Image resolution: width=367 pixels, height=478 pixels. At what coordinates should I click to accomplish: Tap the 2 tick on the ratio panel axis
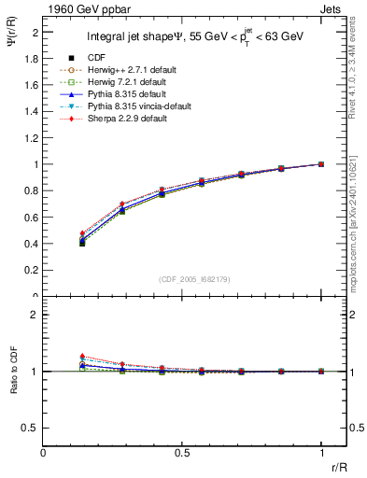[35, 315]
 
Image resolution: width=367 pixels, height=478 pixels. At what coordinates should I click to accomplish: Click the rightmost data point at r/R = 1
[321, 164]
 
